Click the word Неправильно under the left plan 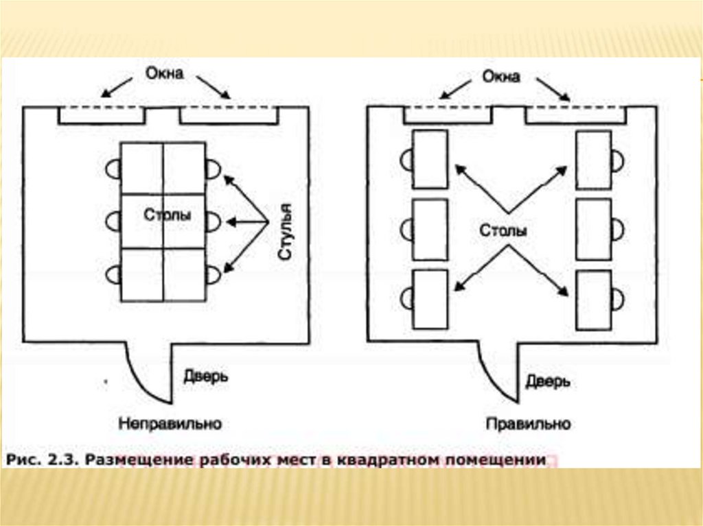(170, 424)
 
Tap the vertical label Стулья (286, 232)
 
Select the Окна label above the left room (164, 73)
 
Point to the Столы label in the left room (168, 215)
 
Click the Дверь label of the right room (548, 381)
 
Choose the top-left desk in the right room (430, 159)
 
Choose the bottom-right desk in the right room (593, 300)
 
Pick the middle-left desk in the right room (430, 229)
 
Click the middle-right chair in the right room (618, 229)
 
